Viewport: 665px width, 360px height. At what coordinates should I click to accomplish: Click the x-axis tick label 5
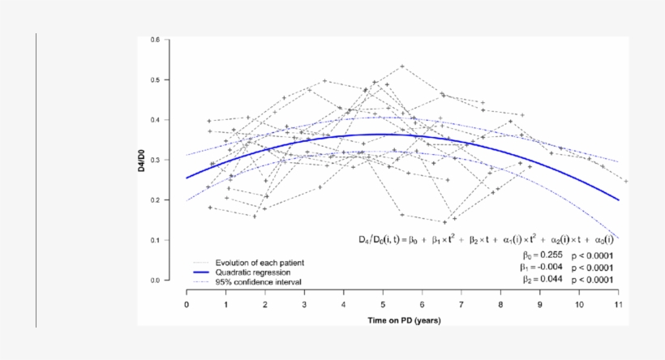(x=383, y=304)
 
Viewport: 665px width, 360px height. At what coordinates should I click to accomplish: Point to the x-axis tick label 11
(x=618, y=304)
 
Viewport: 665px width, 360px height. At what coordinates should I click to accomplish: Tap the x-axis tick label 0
(x=187, y=304)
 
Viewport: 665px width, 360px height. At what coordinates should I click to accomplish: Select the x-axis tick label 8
(x=500, y=304)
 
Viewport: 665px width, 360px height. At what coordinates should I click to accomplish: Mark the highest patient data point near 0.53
(x=402, y=66)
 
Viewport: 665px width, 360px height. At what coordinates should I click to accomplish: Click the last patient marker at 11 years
(x=625, y=182)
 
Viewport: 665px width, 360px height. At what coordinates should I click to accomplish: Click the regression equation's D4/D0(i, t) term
(x=385, y=239)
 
